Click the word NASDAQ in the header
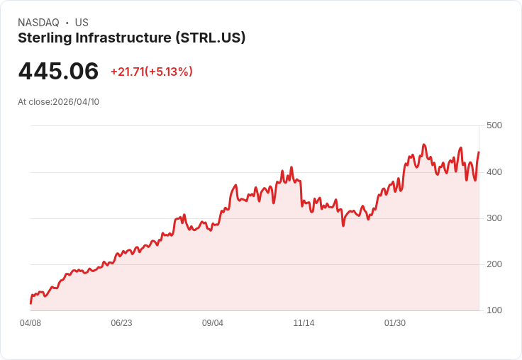(38, 23)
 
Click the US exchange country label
(82, 23)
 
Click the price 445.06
(58, 72)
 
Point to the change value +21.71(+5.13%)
(152, 72)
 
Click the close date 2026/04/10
(76, 102)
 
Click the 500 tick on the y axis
(494, 125)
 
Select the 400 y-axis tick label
(494, 172)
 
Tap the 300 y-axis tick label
(494, 218)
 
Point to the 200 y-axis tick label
(494, 264)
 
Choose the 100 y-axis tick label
(494, 310)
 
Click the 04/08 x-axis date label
(30, 323)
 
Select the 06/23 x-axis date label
(121, 323)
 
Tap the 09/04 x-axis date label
(213, 323)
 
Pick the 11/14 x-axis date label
(304, 323)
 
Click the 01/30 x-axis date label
(395, 323)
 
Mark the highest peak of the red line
(423, 145)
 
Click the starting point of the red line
(30, 303)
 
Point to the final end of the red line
(479, 152)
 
